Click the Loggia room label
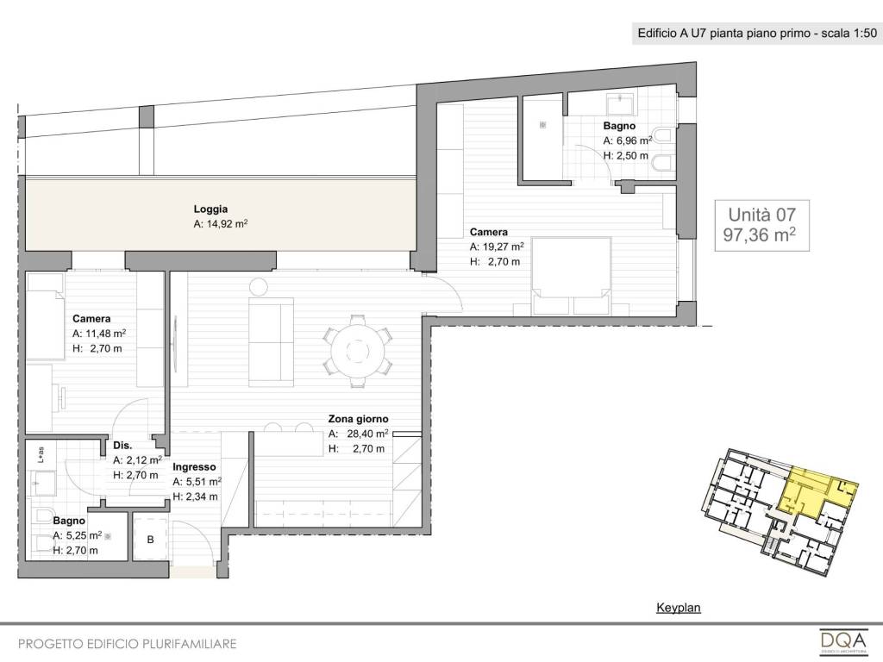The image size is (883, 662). (210, 209)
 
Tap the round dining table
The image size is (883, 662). (357, 353)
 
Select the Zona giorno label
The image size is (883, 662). (358, 420)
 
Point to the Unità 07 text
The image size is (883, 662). (762, 215)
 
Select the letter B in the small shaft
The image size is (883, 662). (150, 540)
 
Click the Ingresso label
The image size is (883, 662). (194, 467)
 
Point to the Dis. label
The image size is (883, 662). (122, 446)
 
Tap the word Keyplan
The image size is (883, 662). (679, 608)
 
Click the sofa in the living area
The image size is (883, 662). (271, 341)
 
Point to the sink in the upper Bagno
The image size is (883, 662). (620, 103)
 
